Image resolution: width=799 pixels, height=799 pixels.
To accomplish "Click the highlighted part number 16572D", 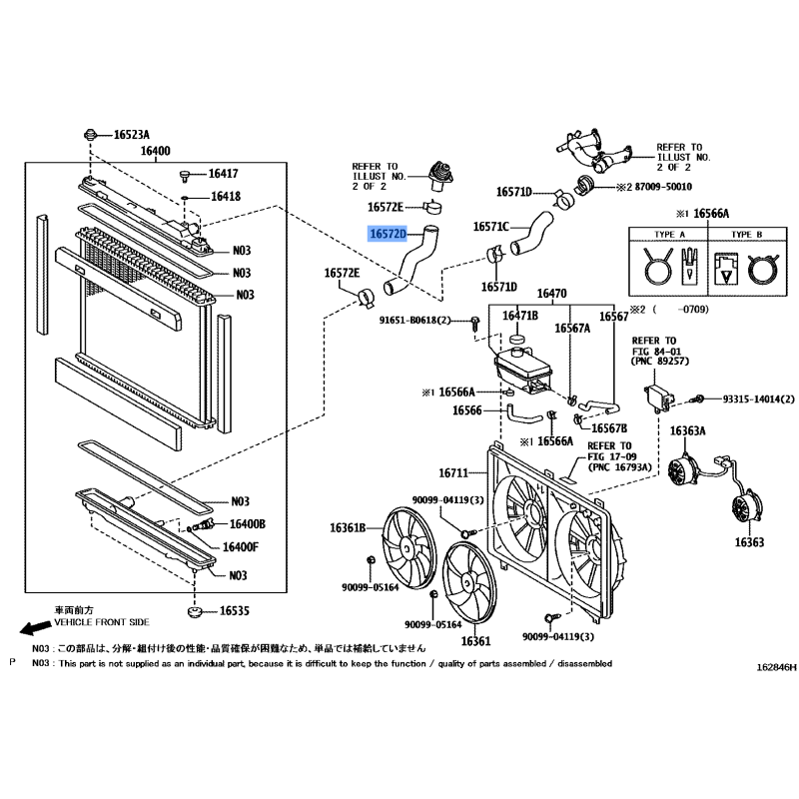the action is (388, 234).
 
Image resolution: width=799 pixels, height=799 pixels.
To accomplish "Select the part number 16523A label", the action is (132, 135).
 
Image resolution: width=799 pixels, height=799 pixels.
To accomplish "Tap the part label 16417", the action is (223, 174).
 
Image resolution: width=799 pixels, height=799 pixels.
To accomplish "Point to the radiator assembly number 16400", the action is (156, 151).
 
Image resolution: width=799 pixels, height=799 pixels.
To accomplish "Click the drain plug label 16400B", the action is (248, 524).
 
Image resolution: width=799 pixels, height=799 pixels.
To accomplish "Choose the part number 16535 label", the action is (235, 610).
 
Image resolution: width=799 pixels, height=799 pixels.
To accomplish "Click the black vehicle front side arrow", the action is (36, 628).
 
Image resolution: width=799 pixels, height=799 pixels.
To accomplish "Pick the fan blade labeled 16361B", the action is (409, 544).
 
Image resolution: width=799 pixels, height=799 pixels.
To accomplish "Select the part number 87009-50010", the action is (663, 187).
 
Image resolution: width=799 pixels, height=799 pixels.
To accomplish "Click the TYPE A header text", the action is (669, 235).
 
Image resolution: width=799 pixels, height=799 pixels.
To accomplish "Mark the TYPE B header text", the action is (746, 235).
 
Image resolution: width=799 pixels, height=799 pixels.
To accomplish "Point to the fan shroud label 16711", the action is (453, 472).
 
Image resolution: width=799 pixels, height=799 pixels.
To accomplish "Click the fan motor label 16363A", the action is (687, 431).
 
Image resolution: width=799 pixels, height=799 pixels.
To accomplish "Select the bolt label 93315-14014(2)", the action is (758, 399).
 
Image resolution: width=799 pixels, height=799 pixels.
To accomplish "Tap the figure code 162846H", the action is (776, 667).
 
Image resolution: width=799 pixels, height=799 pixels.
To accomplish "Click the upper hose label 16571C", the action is (491, 227).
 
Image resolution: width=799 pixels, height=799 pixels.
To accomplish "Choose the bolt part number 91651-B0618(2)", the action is (415, 321).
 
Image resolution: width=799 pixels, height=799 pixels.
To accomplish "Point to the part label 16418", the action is (226, 196).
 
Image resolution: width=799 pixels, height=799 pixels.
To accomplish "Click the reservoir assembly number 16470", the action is (552, 294).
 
